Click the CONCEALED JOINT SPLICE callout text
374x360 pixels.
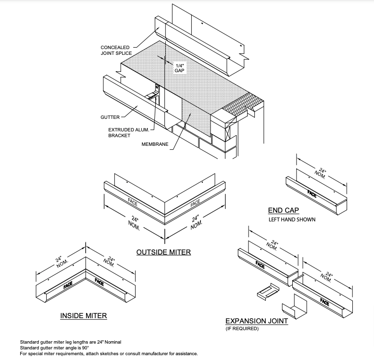click(116, 51)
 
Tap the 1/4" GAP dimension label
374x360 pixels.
click(179, 68)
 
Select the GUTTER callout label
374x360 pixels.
click(110, 117)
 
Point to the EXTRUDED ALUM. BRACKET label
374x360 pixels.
click(128, 132)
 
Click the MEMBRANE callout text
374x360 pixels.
click(155, 144)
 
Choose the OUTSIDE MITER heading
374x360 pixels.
click(163, 252)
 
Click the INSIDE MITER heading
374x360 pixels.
click(84, 316)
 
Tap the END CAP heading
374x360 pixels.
click(283, 210)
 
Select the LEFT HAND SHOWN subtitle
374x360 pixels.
click(292, 219)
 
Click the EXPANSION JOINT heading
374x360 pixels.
click(257, 321)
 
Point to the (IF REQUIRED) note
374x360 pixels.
click(242, 329)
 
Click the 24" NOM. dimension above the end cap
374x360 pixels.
click(321, 173)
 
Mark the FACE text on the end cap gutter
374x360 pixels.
click(312, 194)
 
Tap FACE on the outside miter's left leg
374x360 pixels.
click(133, 202)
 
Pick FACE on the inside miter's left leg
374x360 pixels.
click(68, 285)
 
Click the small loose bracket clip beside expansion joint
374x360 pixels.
click(268, 291)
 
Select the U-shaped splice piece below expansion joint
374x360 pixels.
click(294, 306)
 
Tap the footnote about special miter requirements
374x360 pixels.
click(109, 354)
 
